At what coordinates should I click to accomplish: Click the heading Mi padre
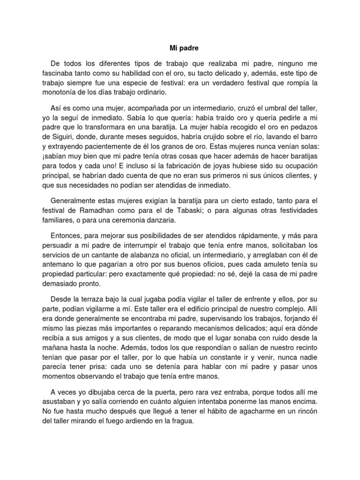click(180, 47)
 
